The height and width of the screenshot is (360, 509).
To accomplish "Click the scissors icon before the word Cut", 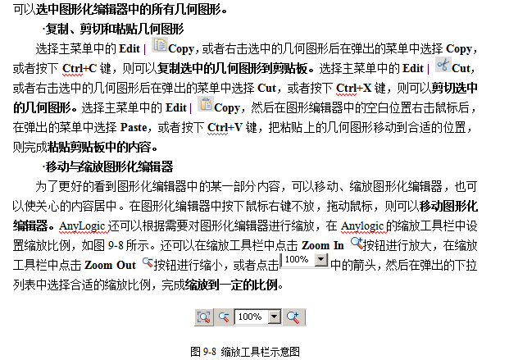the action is click(x=443, y=66).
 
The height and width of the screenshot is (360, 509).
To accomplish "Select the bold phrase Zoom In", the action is click(x=323, y=245).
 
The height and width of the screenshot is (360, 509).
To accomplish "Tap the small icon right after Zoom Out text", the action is click(x=148, y=264).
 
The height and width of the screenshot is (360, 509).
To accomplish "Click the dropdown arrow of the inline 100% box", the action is click(x=320, y=260).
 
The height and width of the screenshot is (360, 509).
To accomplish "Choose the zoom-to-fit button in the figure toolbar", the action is click(x=204, y=317).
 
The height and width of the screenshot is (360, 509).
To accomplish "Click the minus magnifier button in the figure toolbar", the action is click(x=224, y=317).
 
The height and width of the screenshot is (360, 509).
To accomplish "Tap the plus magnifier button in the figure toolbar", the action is click(x=293, y=317).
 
